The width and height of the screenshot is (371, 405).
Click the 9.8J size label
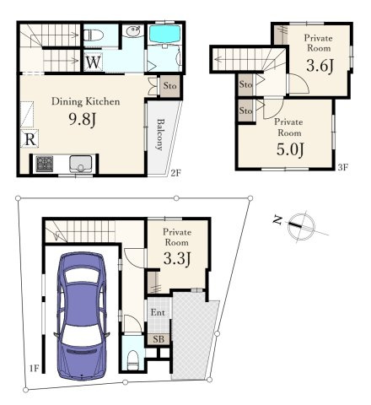point(83,120)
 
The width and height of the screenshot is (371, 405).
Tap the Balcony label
point(160,135)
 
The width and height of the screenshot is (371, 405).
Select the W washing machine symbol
point(93,62)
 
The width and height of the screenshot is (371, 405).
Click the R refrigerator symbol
point(30,138)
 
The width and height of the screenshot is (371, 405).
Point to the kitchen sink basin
point(81,164)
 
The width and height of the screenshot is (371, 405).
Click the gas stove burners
point(45,164)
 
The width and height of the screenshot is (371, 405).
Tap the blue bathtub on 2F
point(164,35)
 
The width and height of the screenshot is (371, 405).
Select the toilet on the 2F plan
point(94,35)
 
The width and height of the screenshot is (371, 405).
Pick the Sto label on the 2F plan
point(170,85)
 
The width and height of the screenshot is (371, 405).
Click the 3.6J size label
point(320,66)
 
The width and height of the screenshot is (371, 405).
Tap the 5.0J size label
point(290,149)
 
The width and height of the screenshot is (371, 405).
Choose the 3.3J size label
point(177,259)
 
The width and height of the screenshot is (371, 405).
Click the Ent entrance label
point(158,312)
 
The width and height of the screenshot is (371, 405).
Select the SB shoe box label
point(159,339)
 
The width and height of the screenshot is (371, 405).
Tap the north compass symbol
point(301,225)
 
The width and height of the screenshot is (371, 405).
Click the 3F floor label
point(343,168)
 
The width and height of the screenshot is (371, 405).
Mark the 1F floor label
point(35,369)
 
